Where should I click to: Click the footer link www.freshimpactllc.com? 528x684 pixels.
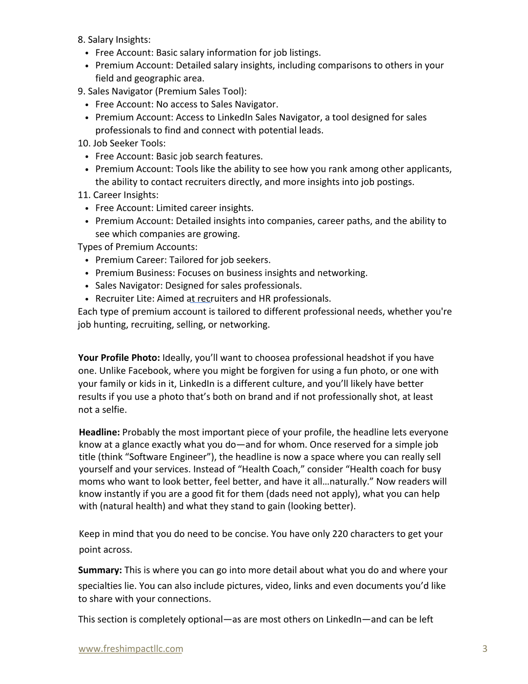tap(130, 649)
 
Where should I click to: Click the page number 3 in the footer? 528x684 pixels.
tap(485, 649)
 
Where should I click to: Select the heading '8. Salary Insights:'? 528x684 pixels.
tap(114, 39)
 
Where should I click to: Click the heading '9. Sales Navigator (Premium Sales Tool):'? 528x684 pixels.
tap(162, 91)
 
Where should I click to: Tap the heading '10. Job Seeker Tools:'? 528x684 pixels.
tap(122, 143)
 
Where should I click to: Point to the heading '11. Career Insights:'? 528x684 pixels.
tap(118, 195)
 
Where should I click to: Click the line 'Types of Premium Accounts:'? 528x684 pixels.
tap(137, 247)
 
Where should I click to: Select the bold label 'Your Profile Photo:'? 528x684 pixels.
tap(119, 358)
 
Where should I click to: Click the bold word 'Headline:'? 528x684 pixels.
tap(99, 432)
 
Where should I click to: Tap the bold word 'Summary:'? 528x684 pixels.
tap(100, 570)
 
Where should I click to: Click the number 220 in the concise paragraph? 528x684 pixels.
tap(340, 534)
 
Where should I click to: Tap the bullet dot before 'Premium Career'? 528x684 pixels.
tap(87, 261)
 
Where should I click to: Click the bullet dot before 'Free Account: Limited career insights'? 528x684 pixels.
tap(87, 209)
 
